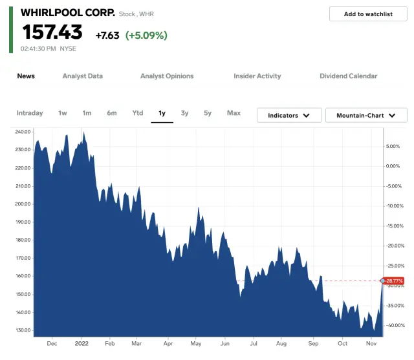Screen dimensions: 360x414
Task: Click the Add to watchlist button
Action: click(x=368, y=14)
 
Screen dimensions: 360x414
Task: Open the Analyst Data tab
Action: click(x=83, y=76)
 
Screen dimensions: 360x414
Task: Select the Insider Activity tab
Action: click(x=257, y=76)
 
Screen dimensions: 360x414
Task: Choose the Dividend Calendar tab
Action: click(x=348, y=76)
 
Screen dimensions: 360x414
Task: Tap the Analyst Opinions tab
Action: click(x=167, y=76)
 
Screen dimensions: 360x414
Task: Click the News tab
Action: click(x=26, y=76)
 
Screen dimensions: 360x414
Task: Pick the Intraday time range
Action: click(x=30, y=113)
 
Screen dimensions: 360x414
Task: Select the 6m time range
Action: click(x=112, y=113)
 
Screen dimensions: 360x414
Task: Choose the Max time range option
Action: click(x=234, y=113)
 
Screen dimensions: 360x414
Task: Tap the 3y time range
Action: click(x=185, y=113)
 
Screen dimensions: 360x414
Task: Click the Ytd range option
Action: click(x=138, y=113)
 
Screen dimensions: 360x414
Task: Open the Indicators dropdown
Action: click(x=289, y=115)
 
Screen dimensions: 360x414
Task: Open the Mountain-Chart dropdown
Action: click(x=366, y=115)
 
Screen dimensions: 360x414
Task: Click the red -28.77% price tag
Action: click(x=394, y=281)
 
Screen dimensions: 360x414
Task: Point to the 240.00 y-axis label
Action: click(x=23, y=132)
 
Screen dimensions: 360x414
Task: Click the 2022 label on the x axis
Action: click(x=82, y=344)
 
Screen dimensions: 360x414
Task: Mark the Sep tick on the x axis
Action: click(x=313, y=344)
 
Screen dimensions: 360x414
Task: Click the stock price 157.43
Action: click(x=53, y=32)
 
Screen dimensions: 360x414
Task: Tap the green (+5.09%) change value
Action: click(x=146, y=36)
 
